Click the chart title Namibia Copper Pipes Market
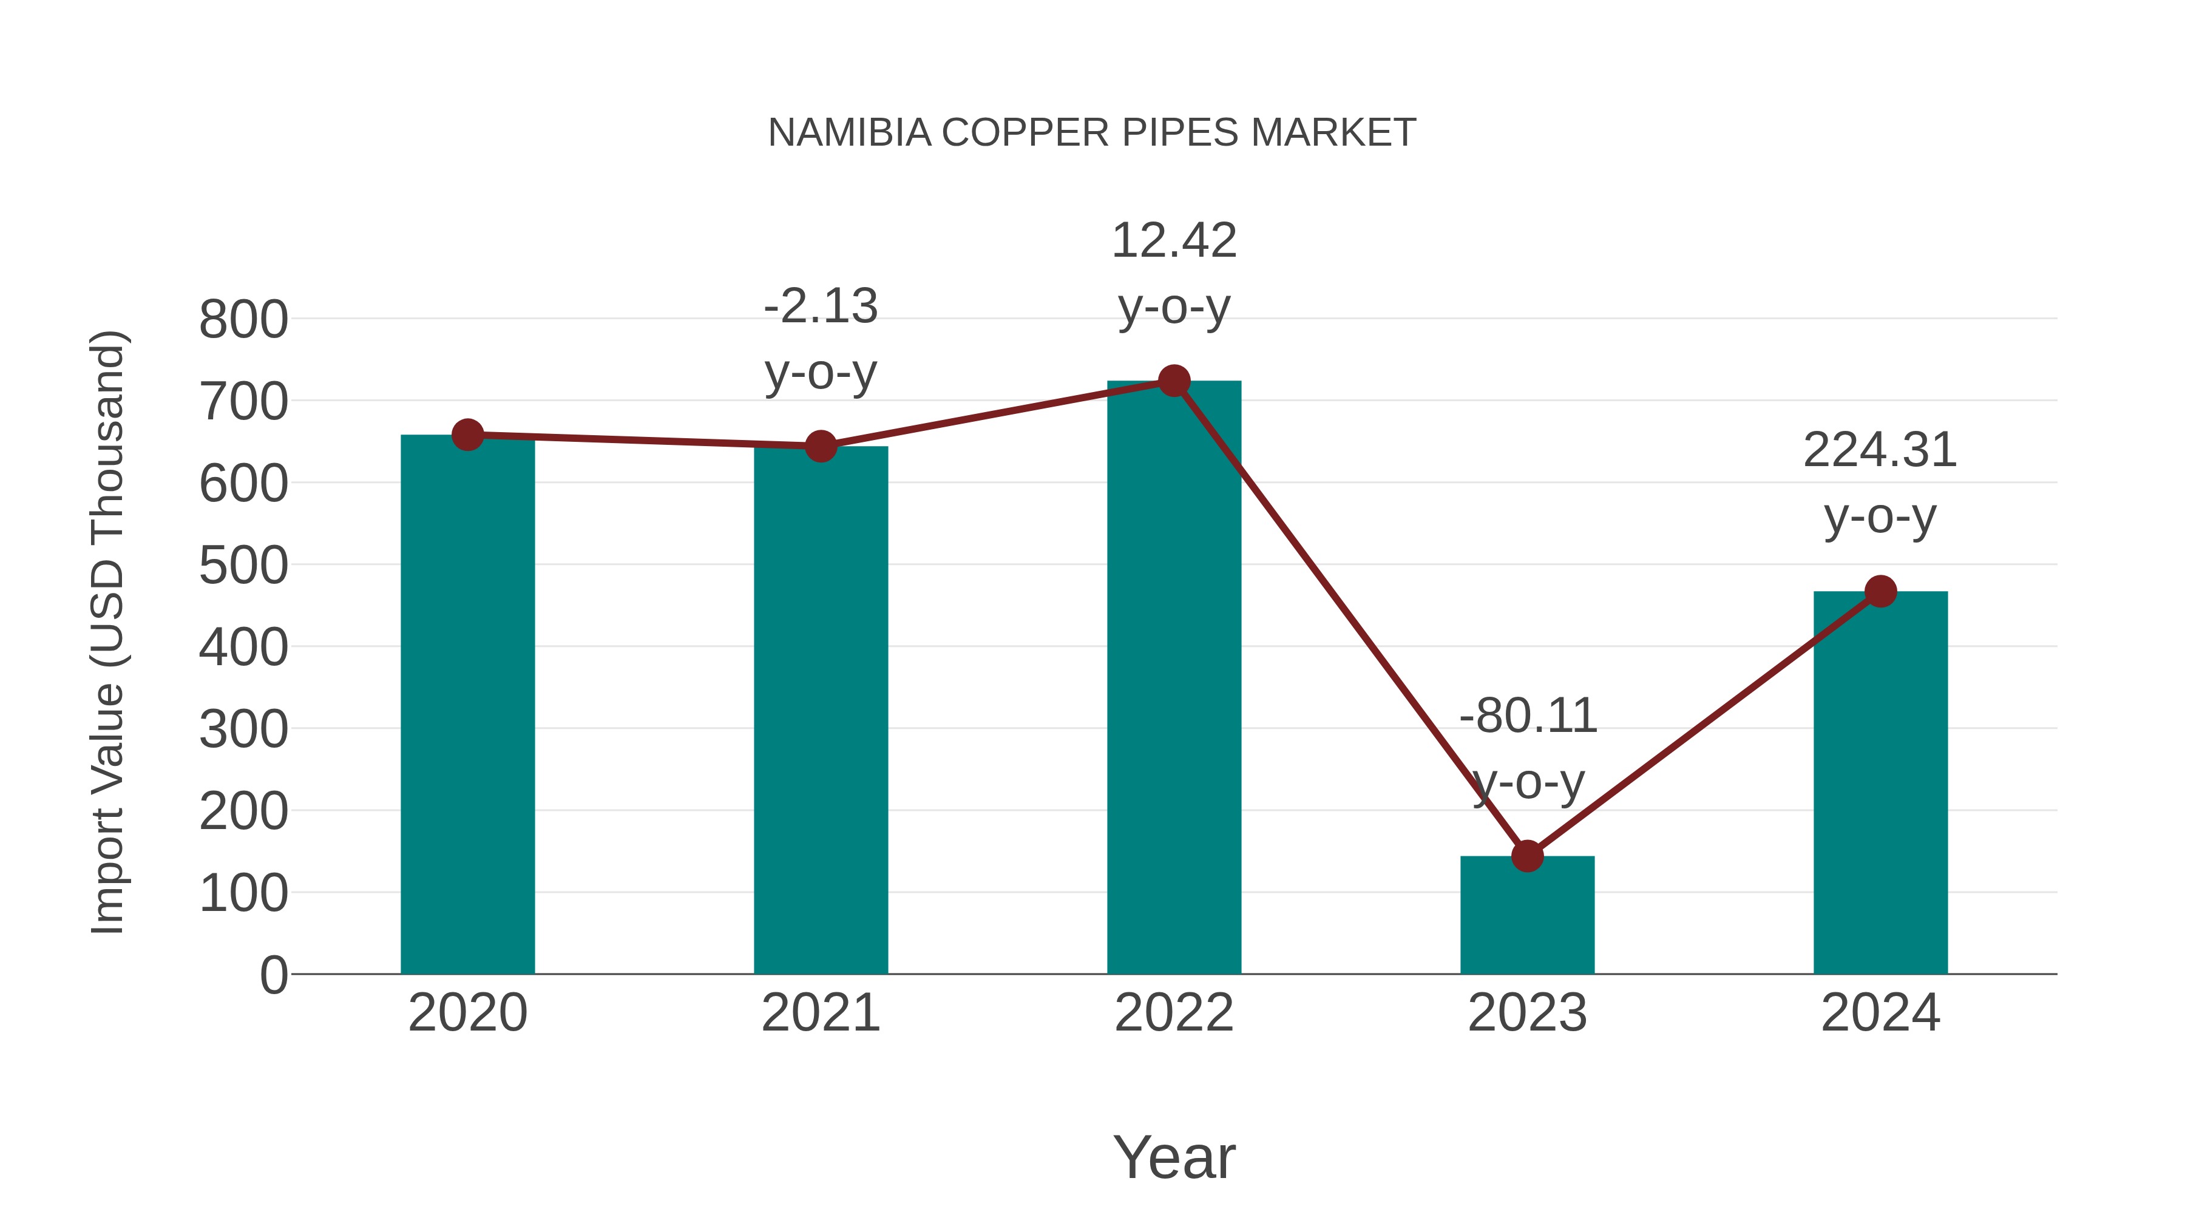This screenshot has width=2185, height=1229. tap(1092, 133)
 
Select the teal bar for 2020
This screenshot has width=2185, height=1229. tap(467, 704)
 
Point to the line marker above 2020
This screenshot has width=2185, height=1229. tap(467, 435)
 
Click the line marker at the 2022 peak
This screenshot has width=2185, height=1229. tap(1174, 381)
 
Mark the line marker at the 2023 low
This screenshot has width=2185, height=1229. tap(1527, 856)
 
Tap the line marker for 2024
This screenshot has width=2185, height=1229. tap(1880, 591)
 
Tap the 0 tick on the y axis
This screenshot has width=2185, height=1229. tap(273, 975)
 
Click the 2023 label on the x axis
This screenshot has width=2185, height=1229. tap(1527, 1013)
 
